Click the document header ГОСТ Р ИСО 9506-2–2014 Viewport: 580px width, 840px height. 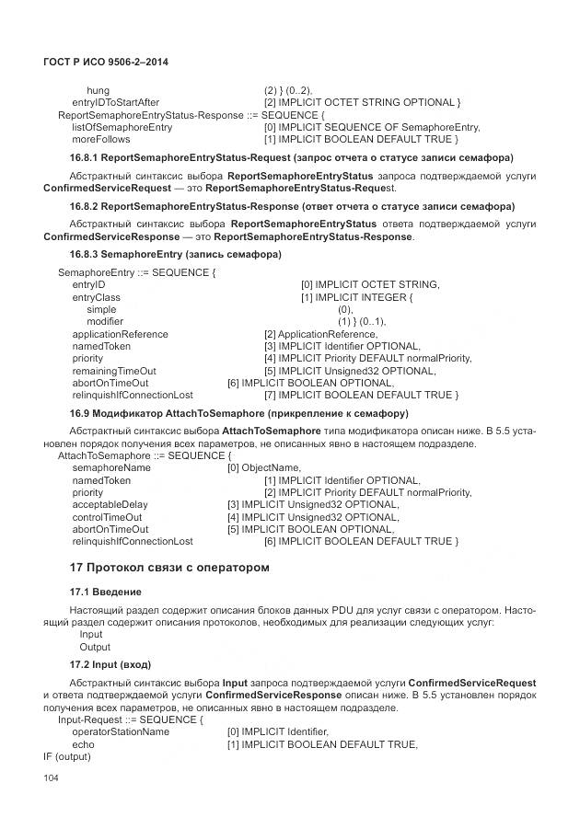coord(101,62)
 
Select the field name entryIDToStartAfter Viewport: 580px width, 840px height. coord(115,102)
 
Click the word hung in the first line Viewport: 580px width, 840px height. coord(98,90)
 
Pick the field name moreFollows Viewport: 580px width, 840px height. coord(100,139)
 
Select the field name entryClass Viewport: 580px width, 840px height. coord(96,297)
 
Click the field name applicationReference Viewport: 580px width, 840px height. coord(120,334)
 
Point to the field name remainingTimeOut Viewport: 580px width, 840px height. coord(113,371)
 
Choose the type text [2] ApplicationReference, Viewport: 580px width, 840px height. coord(320,334)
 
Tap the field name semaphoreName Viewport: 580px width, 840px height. coord(110,467)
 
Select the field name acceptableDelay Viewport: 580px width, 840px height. coord(109,504)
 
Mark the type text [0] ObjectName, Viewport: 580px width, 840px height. coord(263,467)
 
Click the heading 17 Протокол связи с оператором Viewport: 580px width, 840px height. coord(169,568)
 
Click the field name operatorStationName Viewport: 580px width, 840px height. coord(120,731)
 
